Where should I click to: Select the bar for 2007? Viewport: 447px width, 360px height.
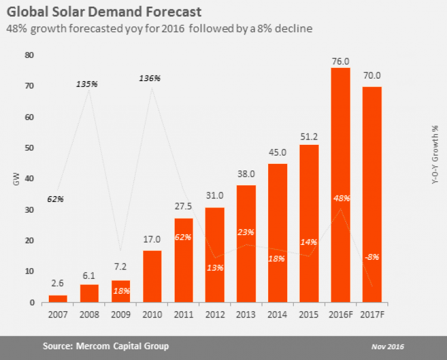(x=58, y=299)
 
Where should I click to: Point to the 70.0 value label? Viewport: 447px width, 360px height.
(x=372, y=76)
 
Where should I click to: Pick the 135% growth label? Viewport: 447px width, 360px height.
(x=87, y=84)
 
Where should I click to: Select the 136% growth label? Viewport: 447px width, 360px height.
(x=150, y=78)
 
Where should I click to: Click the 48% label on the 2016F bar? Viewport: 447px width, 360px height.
(x=341, y=198)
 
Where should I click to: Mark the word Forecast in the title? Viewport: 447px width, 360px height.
(x=167, y=11)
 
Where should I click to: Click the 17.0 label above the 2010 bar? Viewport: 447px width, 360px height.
(x=152, y=240)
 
